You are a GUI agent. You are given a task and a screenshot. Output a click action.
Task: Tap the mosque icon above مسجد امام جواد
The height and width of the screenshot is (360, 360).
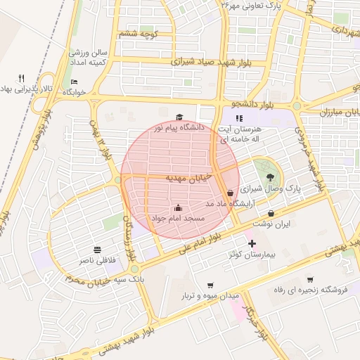[x=177, y=207]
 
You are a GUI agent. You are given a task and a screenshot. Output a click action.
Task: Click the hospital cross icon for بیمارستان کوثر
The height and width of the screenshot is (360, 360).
[x=252, y=243]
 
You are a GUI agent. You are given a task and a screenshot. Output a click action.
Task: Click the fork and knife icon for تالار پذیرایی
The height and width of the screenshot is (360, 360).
[x=22, y=78]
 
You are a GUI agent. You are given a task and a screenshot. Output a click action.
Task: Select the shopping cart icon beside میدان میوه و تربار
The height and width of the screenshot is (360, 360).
[x=210, y=285]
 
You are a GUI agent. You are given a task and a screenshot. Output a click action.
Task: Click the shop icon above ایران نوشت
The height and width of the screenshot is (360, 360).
[x=271, y=213]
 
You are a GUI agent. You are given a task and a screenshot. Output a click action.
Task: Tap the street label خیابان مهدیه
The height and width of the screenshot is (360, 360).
[x=188, y=179]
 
